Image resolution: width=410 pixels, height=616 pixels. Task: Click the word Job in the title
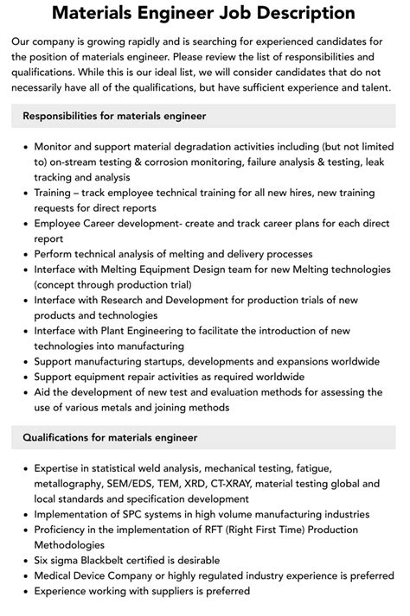point(240,14)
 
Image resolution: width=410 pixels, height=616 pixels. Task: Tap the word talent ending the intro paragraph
point(369,87)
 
